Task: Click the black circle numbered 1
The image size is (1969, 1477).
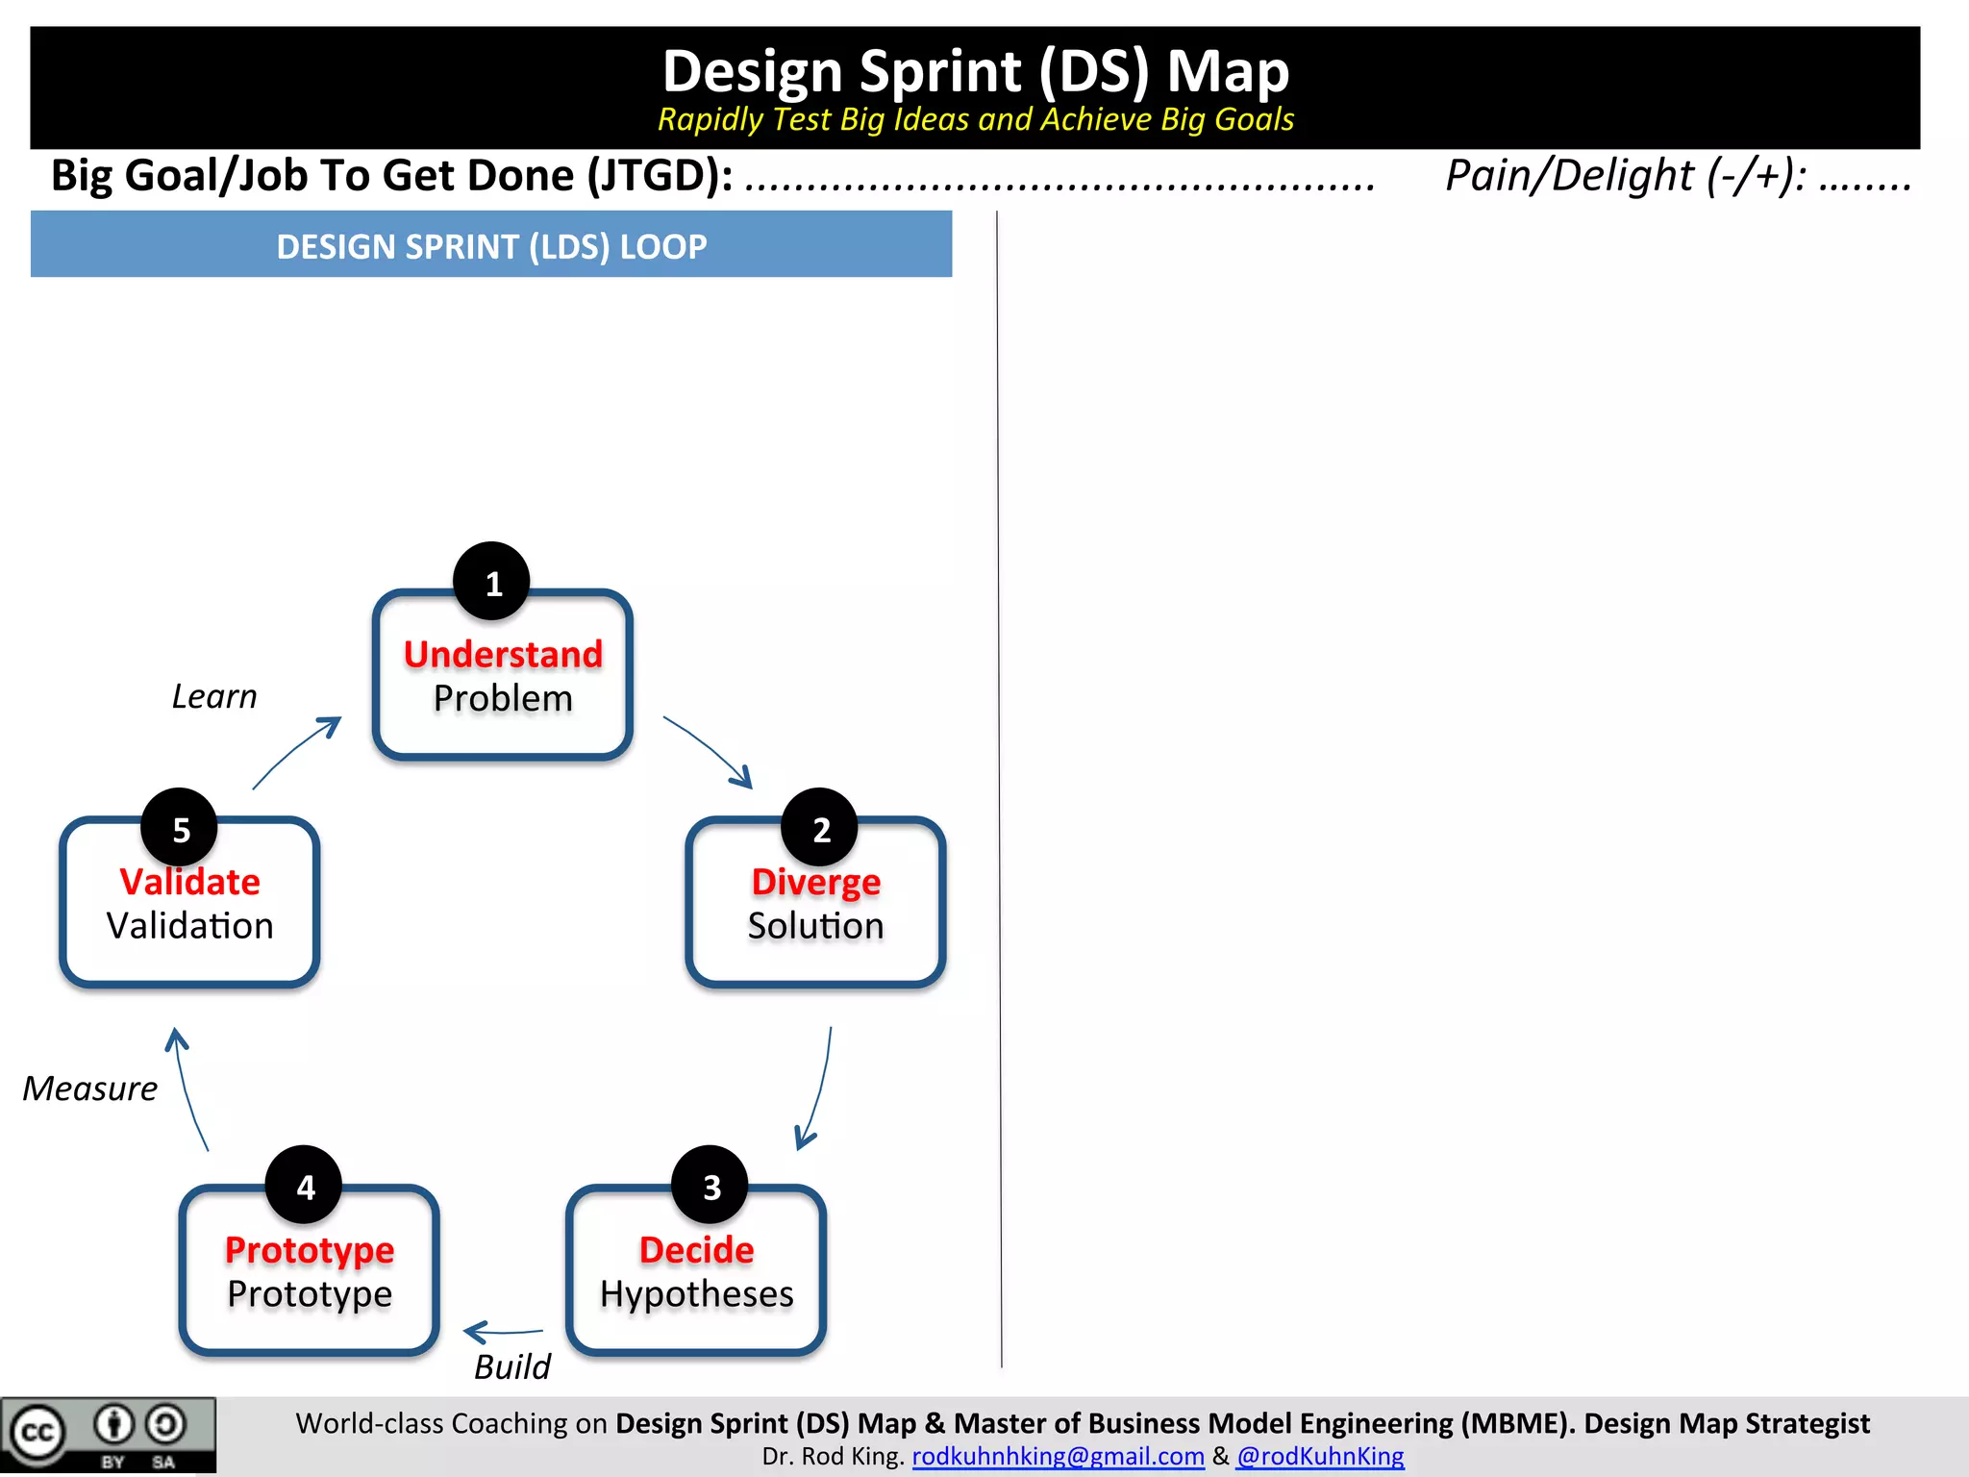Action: point(491,582)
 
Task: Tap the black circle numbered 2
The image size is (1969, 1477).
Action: point(819,828)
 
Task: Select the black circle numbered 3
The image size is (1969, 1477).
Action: point(710,1185)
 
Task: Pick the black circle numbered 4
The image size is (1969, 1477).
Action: point(304,1185)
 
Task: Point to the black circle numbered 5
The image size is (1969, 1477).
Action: point(180,828)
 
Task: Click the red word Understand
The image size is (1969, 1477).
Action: point(503,654)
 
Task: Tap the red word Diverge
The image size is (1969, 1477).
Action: point(815,882)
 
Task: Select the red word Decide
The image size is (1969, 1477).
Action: point(696,1249)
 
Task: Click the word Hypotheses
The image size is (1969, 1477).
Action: point(696,1294)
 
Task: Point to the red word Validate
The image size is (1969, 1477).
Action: point(189,882)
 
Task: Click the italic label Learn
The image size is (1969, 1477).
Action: point(214,696)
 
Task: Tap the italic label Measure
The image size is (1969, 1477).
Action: point(90,1089)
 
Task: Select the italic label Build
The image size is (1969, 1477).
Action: point(512,1366)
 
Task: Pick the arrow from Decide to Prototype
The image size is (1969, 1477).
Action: point(503,1332)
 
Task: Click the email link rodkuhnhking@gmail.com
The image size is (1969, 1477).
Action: point(1058,1456)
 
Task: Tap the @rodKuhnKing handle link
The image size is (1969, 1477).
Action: point(1320,1456)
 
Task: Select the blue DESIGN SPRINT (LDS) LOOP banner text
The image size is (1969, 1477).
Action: point(491,246)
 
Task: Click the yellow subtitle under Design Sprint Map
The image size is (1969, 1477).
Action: point(975,119)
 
